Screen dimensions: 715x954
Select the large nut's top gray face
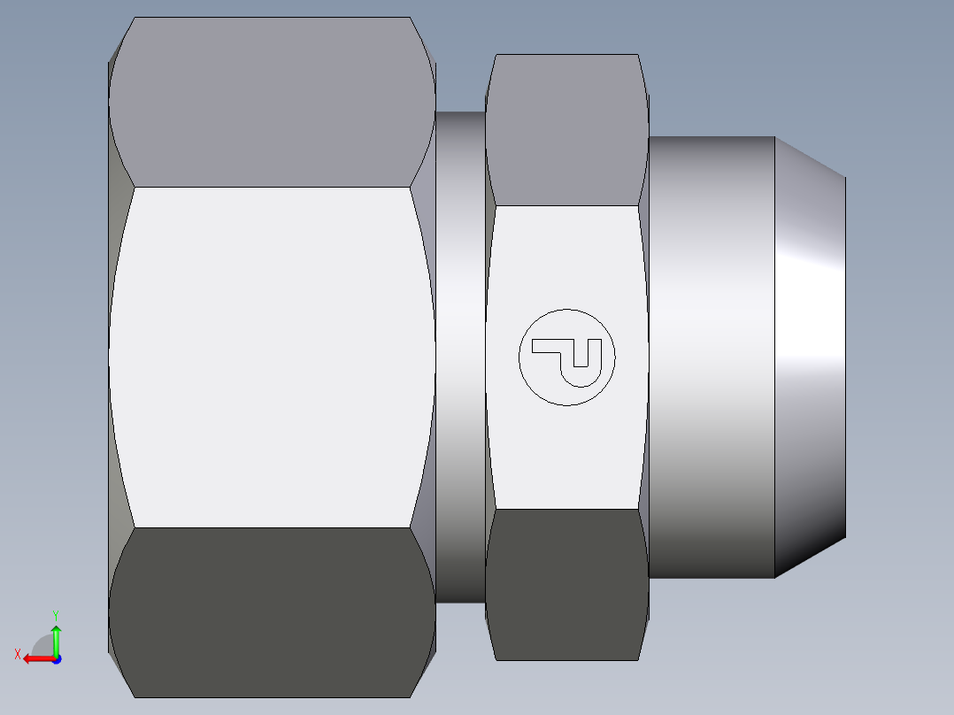pyautogui.click(x=272, y=102)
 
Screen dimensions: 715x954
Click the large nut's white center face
pyautogui.click(x=272, y=357)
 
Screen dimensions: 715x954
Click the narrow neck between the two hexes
pyautogui.click(x=460, y=357)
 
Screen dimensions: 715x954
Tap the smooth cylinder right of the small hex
pyautogui.click(x=712, y=357)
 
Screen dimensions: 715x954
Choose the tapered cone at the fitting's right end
pyautogui.click(x=810, y=357)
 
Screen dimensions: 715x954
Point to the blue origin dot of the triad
pyautogui.click(x=56, y=658)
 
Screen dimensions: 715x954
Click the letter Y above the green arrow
pyautogui.click(x=55, y=614)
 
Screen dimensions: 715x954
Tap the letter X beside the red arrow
pyautogui.click(x=18, y=654)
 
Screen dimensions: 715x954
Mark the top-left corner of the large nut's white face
pyautogui.click(x=135, y=187)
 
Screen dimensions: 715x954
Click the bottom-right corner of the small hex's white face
pyautogui.click(x=639, y=509)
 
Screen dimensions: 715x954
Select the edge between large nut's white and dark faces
pyautogui.click(x=272, y=528)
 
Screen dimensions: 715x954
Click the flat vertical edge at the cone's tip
pyautogui.click(x=845, y=357)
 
